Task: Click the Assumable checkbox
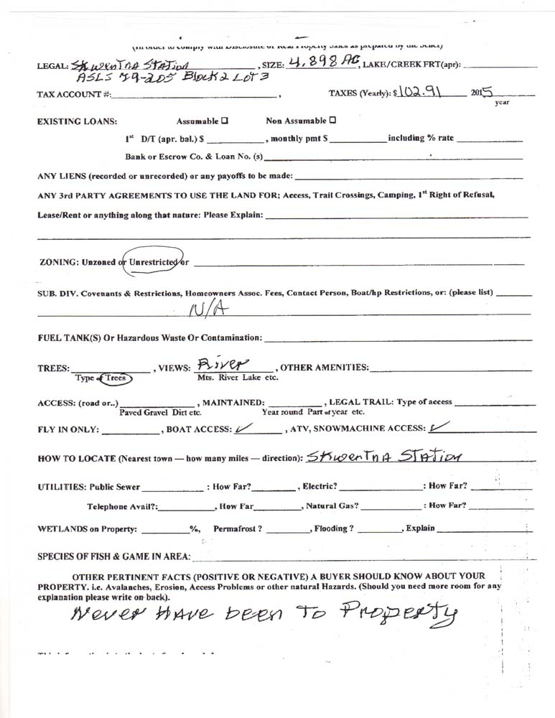tap(225, 121)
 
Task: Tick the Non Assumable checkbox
tap(332, 120)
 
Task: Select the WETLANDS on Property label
tap(87, 528)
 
